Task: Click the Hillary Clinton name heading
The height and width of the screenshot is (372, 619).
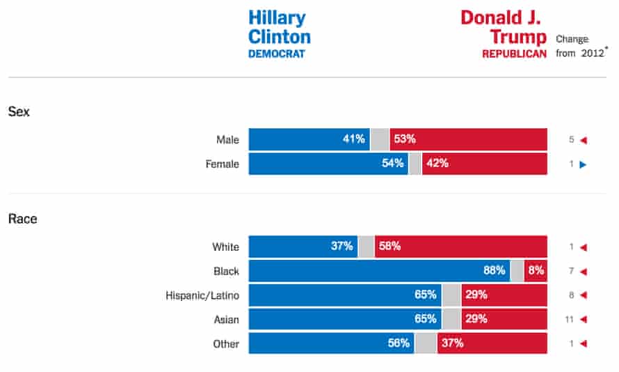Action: [279, 28]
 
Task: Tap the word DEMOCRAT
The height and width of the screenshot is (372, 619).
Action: [277, 54]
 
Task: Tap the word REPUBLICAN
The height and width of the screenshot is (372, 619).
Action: [514, 54]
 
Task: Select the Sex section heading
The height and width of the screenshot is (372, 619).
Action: [19, 111]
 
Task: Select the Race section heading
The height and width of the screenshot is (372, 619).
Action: [22, 219]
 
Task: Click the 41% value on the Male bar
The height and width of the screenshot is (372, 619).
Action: [353, 139]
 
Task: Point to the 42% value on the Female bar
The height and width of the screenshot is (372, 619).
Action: [437, 164]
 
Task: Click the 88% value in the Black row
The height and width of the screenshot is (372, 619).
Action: [493, 271]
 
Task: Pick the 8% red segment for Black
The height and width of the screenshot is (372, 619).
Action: [536, 271]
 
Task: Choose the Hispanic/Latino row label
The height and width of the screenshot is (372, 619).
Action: [202, 295]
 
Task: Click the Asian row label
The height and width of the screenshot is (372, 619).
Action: [225, 320]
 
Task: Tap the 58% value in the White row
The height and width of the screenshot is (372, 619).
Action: [389, 247]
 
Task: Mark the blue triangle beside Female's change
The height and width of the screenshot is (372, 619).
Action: [584, 164]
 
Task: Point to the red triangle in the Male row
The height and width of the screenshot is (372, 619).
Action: [584, 140]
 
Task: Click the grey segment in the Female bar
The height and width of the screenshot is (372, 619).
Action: [415, 164]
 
